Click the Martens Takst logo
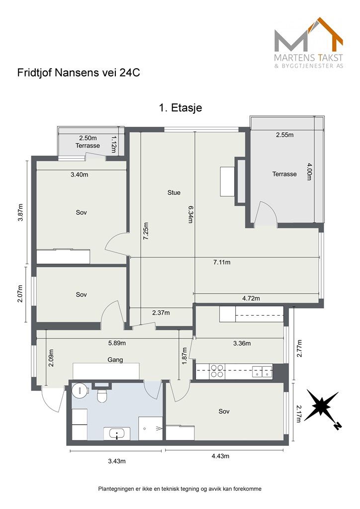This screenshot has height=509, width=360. (x=308, y=43)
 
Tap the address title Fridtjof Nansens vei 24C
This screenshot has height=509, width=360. (x=79, y=73)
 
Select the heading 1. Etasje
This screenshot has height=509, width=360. (x=180, y=107)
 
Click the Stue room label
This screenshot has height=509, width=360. (x=174, y=192)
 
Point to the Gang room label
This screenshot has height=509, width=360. (x=115, y=360)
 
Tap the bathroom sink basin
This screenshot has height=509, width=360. (x=116, y=433)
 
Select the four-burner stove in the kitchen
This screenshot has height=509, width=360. (x=217, y=371)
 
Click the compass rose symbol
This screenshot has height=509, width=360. (x=321, y=407)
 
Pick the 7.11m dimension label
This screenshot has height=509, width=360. (x=222, y=262)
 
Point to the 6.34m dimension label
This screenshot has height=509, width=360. (x=189, y=214)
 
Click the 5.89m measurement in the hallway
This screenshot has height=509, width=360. (x=117, y=343)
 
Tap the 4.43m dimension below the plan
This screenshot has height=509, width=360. (x=220, y=456)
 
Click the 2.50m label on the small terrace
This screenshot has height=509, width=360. (x=88, y=138)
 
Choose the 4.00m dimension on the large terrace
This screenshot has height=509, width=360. (x=309, y=171)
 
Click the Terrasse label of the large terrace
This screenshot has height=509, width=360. (x=284, y=174)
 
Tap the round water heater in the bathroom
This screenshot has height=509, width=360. (x=80, y=390)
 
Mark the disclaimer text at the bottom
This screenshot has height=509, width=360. (x=180, y=489)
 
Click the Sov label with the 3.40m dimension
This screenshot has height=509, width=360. (x=81, y=213)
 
